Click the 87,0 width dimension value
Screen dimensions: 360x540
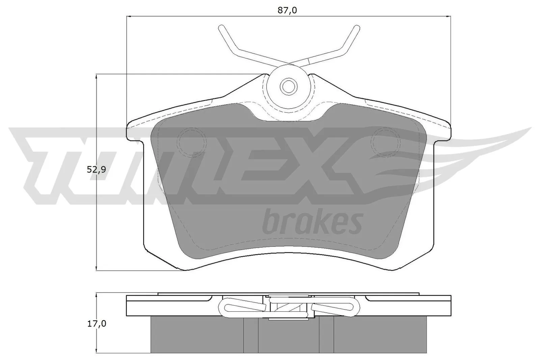[287, 10]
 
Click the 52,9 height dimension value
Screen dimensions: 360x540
[96, 170]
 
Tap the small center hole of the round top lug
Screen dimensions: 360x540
[288, 86]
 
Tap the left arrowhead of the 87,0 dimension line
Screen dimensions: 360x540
[128, 16]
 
